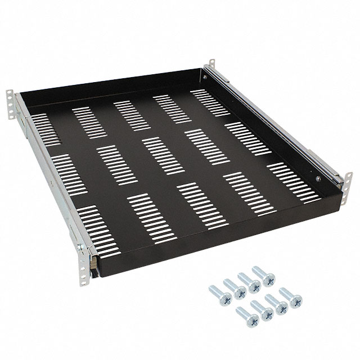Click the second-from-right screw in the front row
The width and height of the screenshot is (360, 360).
[x=276, y=303]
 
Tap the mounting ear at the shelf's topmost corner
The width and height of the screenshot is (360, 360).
[x=213, y=66]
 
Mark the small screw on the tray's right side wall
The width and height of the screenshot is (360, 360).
[x=319, y=178]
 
